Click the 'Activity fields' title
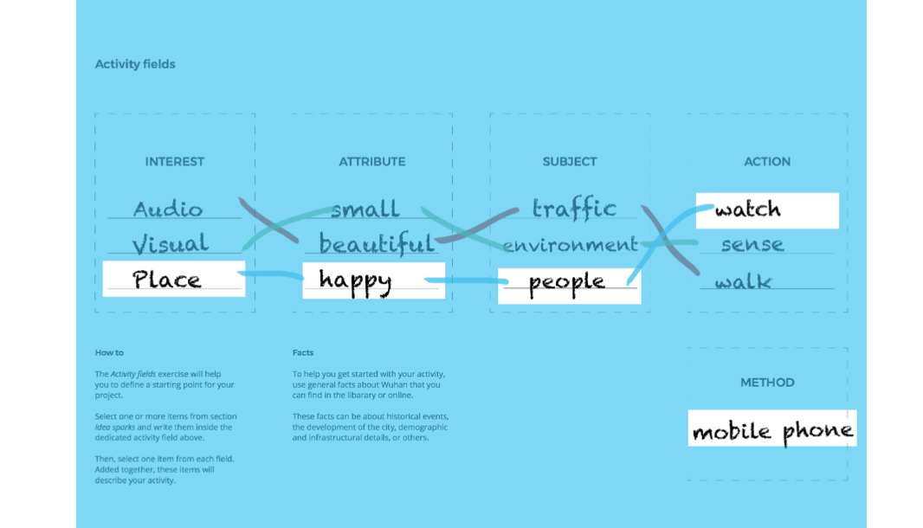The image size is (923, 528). [135, 64]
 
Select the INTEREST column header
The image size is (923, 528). [175, 161]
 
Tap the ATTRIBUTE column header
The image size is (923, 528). [372, 161]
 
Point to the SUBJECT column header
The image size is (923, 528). [570, 161]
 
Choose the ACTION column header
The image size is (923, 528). [767, 161]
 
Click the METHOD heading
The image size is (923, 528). [767, 382]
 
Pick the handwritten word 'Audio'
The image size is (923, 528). [168, 209]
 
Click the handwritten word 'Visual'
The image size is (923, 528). [170, 244]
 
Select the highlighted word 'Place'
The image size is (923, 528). [167, 280]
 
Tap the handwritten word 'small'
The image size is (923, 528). [365, 209]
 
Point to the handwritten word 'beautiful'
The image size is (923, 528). [377, 244]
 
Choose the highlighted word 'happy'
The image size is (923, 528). [355, 280]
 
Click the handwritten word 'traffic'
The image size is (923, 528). [574, 209]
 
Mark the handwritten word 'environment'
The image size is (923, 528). [570, 245]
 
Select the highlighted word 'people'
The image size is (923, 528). [566, 283]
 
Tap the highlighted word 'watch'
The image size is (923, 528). [748, 209]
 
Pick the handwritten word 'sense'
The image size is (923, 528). [752, 245]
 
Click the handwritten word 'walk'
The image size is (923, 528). [743, 281]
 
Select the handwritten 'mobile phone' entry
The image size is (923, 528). [772, 430]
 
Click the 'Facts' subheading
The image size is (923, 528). [303, 353]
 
